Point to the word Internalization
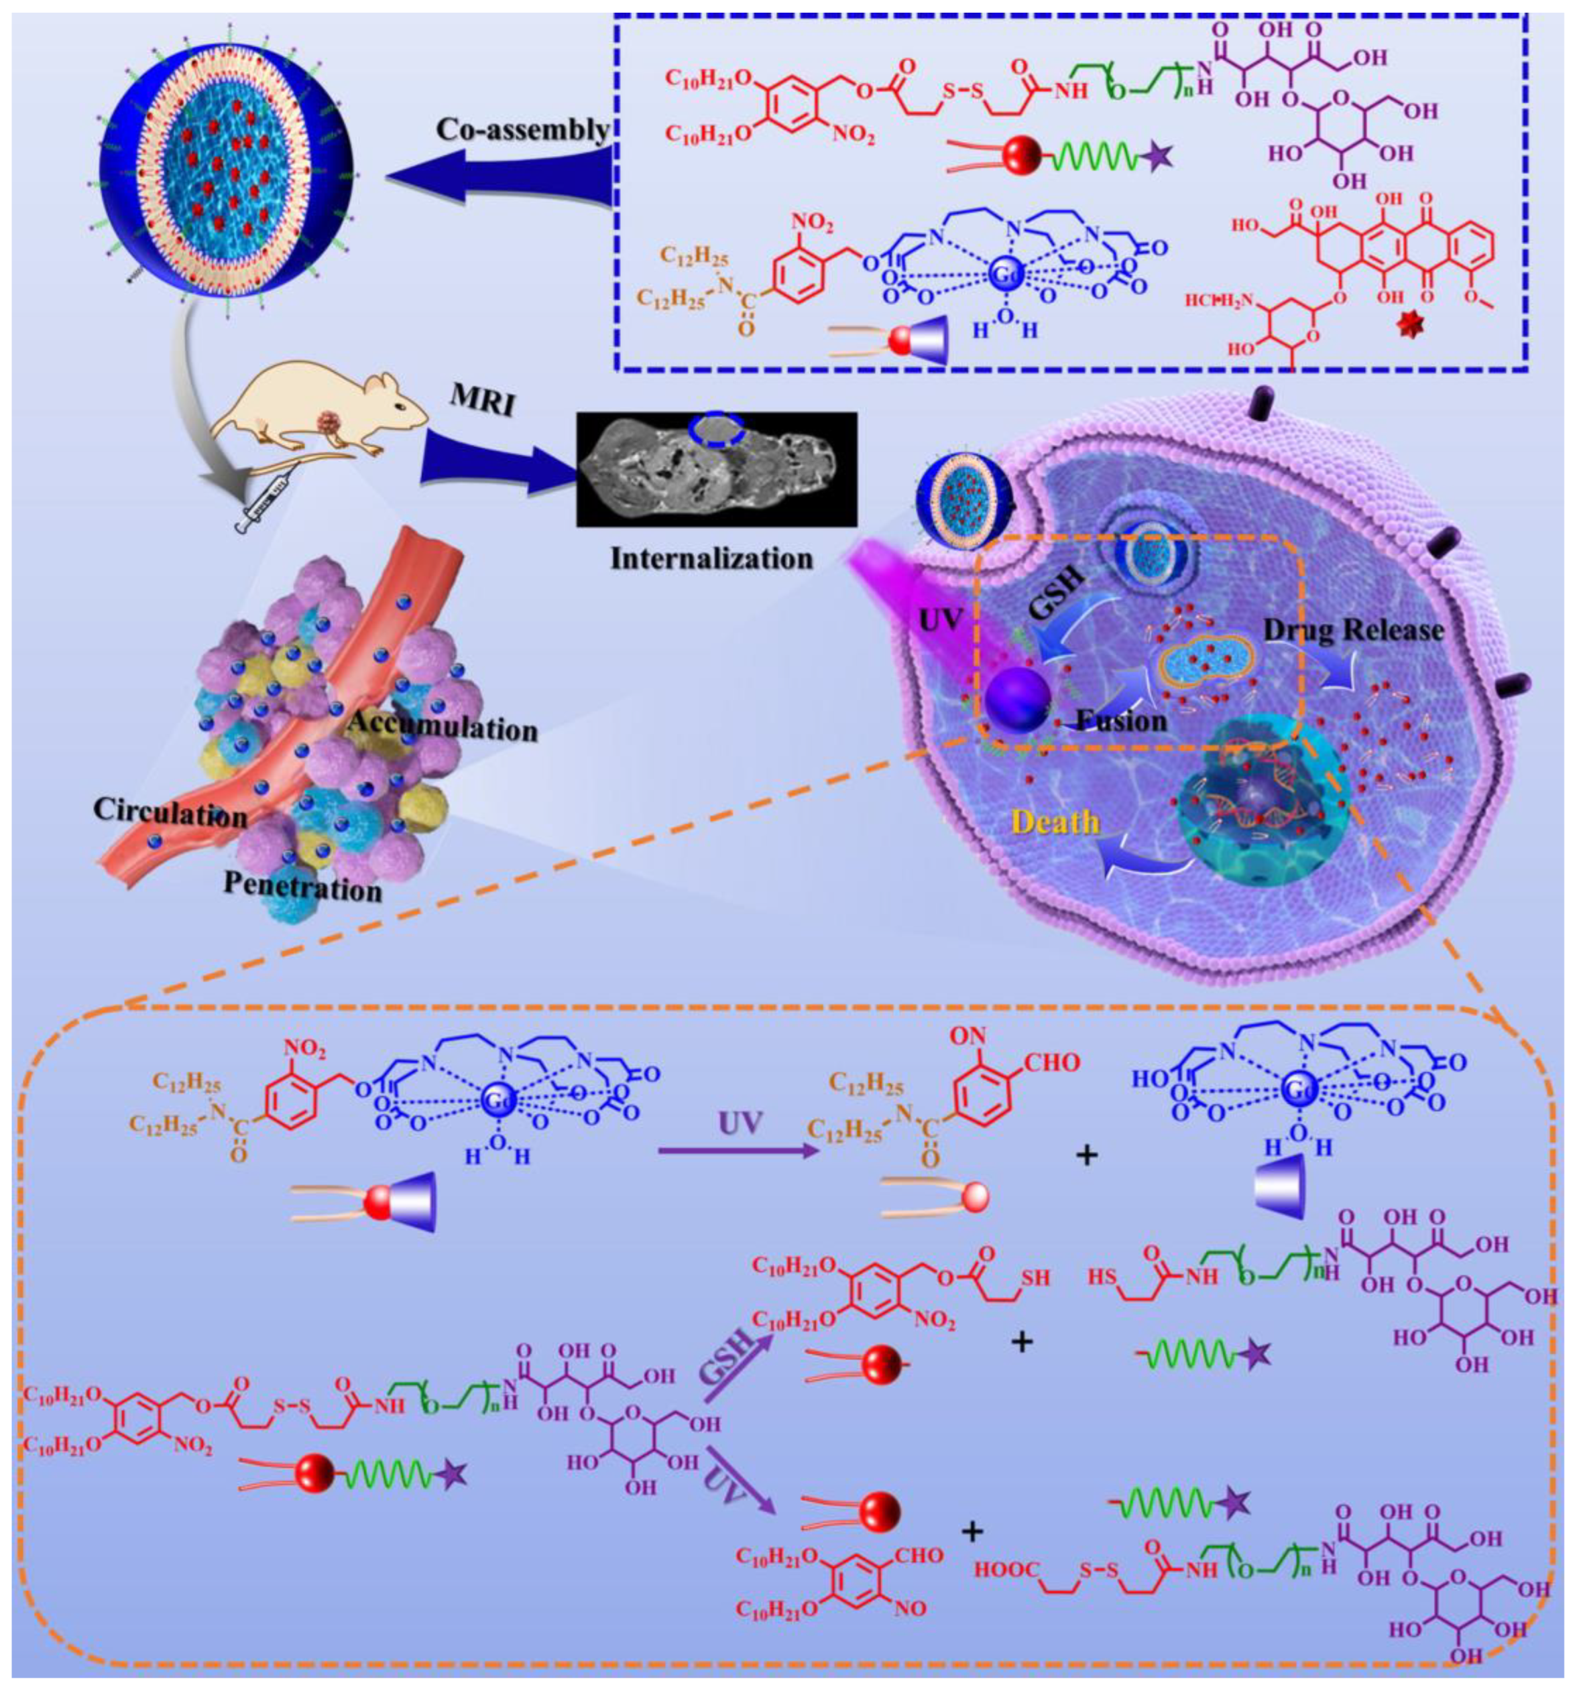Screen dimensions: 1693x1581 pyautogui.click(x=711, y=559)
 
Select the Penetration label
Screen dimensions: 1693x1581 pyautogui.click(x=302, y=887)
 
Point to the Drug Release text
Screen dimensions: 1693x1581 pyautogui.click(x=1354, y=630)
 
